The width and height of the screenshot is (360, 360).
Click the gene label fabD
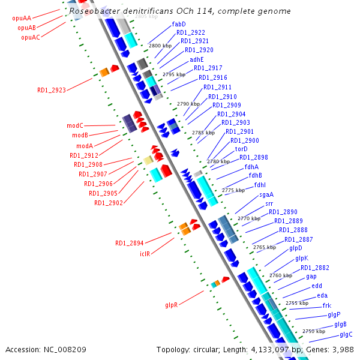tap(179, 24)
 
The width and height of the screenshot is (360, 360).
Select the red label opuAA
tap(22, 19)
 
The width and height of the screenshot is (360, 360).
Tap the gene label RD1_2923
tap(52, 91)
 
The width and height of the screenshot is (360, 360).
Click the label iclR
tap(145, 254)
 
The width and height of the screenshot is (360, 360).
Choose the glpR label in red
tap(172, 305)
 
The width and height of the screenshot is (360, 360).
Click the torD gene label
tap(241, 149)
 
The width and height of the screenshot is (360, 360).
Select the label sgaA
tap(266, 194)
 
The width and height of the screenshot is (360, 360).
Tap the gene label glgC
tap(346, 334)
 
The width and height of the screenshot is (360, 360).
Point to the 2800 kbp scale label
tap(160, 46)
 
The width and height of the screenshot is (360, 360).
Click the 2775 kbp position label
tap(233, 190)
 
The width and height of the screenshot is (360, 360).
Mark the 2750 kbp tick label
tap(313, 331)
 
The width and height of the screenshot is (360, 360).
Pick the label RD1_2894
tap(130, 244)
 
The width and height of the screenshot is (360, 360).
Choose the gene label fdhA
tap(251, 167)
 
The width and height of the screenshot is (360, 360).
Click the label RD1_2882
tap(314, 268)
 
